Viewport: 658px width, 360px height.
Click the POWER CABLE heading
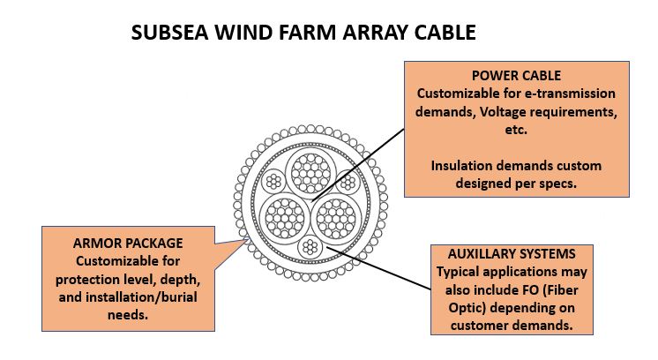(x=516, y=75)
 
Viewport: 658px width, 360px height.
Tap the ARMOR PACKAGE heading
(x=129, y=243)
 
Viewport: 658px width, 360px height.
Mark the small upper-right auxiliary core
(x=348, y=183)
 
